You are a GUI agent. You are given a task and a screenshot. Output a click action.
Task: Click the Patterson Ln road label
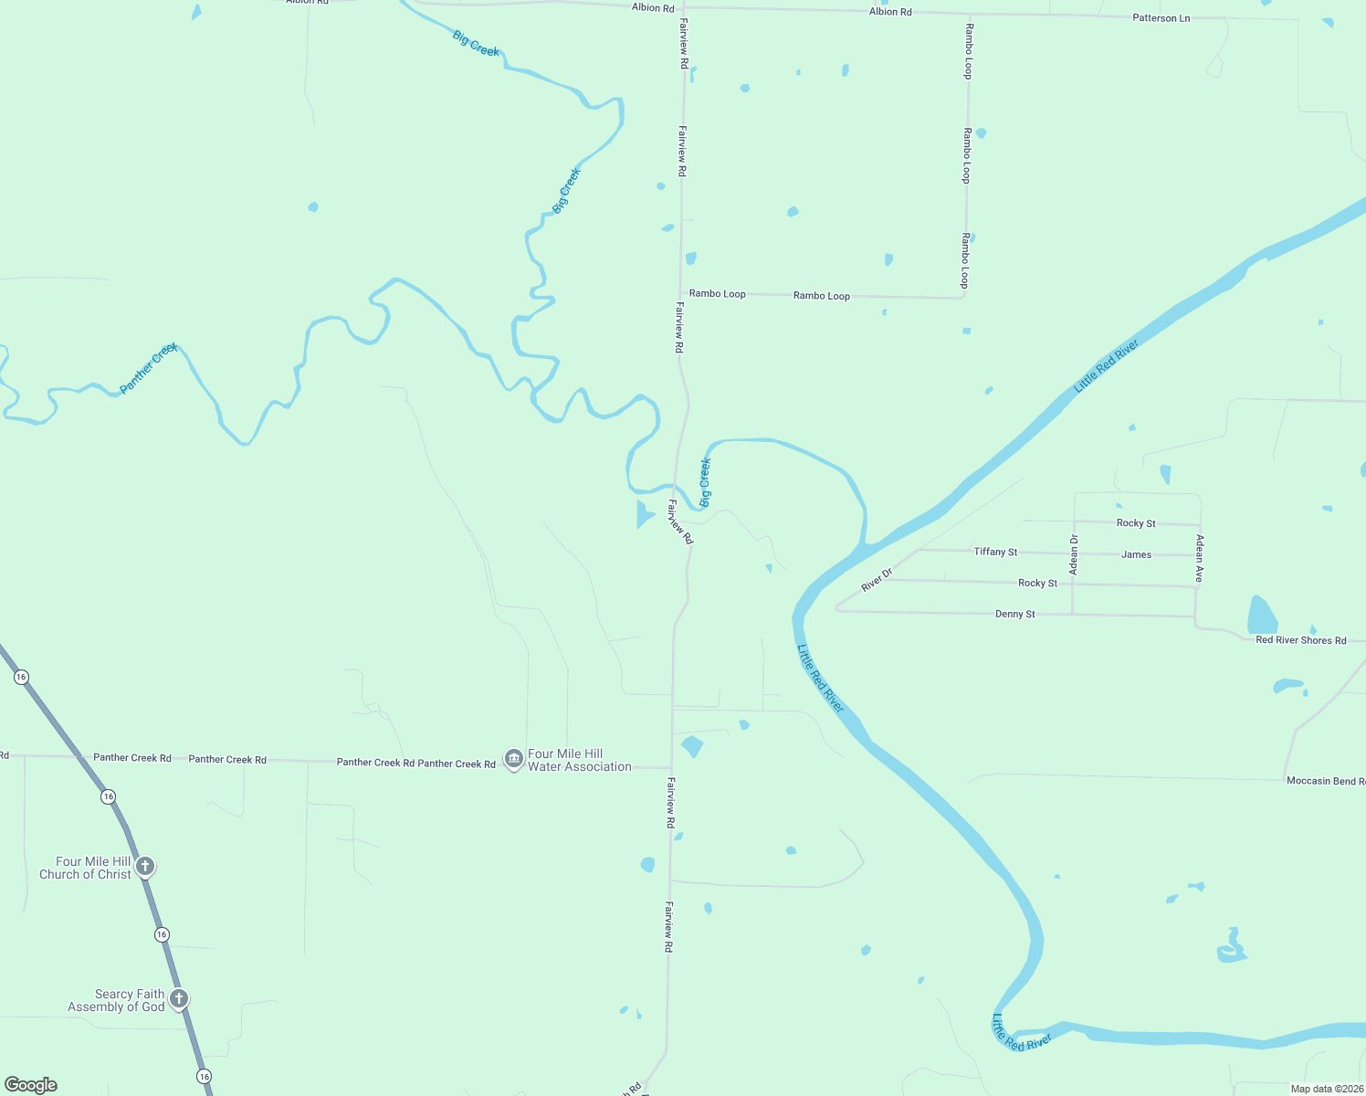[x=1161, y=18]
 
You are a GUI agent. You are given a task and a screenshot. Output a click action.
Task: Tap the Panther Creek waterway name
[x=149, y=368]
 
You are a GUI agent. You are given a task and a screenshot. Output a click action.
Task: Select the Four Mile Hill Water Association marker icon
[x=513, y=760]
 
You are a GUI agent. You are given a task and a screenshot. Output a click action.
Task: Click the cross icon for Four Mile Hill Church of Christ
[x=144, y=866]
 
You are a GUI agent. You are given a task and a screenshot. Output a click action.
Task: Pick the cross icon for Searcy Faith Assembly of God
[x=179, y=998]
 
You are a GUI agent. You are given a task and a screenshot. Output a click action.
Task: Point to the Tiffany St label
[x=995, y=552]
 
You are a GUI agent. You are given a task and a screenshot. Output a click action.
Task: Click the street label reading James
[x=1136, y=554]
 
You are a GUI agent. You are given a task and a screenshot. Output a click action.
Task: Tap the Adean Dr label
[x=1074, y=554]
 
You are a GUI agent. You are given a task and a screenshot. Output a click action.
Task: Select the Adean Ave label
[x=1200, y=558]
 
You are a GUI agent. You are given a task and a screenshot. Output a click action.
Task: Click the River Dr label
[x=877, y=579]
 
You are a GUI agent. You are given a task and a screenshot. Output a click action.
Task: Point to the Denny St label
[x=1014, y=614]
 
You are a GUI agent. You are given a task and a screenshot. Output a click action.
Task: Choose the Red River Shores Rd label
[x=1300, y=640]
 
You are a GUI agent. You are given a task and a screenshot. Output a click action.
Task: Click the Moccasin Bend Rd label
[x=1325, y=781]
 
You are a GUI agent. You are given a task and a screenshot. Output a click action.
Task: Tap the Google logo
[x=31, y=1084]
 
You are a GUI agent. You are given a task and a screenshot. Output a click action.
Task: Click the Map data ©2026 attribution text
[x=1327, y=1089]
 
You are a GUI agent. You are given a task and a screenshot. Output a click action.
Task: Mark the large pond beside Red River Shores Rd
[x=1262, y=616]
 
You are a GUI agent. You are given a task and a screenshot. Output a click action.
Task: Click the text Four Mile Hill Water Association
[x=579, y=760]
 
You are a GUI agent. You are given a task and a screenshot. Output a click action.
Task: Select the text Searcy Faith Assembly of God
[x=116, y=1000]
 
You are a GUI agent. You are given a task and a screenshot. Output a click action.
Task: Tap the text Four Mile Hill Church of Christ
[x=85, y=868]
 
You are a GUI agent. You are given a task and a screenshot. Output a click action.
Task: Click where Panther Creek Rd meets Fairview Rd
[x=672, y=768]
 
